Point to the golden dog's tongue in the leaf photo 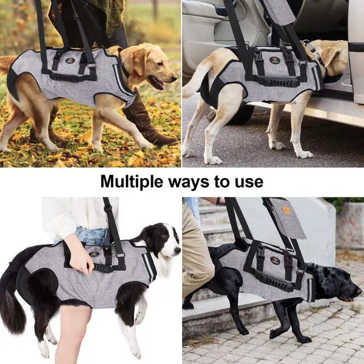(x=158, y=85)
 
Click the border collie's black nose (x=179, y=250)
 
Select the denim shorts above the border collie (x=92, y=237)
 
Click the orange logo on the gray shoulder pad (x=286, y=210)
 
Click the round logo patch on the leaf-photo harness (x=70, y=60)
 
